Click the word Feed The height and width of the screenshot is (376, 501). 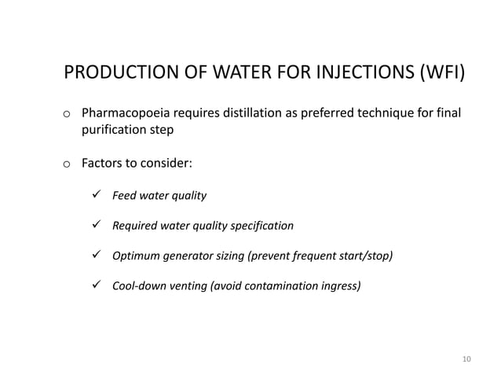click(x=126, y=194)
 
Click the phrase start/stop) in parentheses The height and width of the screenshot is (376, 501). click(x=367, y=256)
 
